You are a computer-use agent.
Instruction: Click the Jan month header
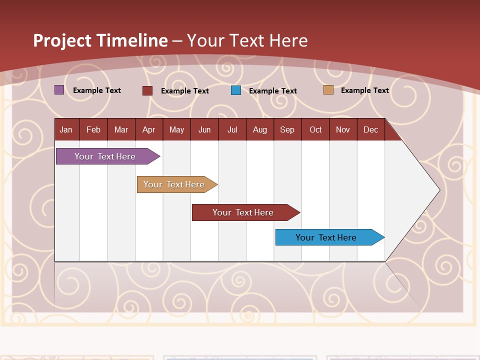point(66,129)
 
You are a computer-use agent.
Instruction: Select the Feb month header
point(93,129)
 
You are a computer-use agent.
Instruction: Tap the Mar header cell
point(121,129)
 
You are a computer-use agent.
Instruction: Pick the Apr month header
point(149,129)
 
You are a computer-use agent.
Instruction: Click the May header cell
point(176,129)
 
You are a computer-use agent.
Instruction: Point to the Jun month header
point(204,129)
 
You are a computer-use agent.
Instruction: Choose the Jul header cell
point(232,129)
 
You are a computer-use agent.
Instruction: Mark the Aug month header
point(260,129)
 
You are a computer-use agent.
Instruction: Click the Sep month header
point(287,129)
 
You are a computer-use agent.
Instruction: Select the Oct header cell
point(315,129)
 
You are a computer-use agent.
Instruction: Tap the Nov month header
point(343,129)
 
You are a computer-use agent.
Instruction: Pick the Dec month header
point(371,129)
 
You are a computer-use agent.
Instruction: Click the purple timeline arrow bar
point(105,156)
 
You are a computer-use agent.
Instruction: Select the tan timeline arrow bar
point(174,184)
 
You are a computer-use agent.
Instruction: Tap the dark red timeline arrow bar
point(243,212)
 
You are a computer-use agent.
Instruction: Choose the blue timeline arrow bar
point(326,237)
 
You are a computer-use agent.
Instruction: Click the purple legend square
point(59,90)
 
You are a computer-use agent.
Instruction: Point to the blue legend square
point(236,90)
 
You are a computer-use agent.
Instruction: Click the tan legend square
point(328,90)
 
